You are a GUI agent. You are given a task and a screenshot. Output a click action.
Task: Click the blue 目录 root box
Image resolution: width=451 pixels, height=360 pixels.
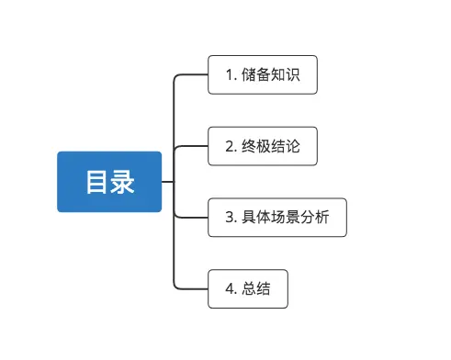109,182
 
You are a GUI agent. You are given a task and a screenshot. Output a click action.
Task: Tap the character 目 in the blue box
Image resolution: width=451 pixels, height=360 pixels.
97,182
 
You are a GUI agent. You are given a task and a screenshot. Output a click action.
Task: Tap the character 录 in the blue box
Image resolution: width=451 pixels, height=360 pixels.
122,182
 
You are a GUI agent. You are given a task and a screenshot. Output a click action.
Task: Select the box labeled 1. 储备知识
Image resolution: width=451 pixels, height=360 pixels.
263,74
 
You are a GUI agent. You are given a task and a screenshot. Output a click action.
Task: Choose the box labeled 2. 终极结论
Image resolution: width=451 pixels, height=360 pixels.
263,146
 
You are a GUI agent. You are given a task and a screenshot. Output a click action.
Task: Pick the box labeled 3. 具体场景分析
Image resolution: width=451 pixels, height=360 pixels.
277,218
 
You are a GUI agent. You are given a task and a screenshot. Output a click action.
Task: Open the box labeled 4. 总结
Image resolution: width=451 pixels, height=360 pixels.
248,289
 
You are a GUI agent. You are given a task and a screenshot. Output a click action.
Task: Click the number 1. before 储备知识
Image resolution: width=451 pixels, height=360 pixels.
230,74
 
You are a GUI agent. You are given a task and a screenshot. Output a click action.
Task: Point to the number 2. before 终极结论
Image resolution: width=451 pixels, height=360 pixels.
230,146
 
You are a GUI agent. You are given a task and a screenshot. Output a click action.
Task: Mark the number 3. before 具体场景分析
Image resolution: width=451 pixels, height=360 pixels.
230,218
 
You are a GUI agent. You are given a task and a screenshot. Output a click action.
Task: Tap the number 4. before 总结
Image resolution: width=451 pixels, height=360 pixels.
230,289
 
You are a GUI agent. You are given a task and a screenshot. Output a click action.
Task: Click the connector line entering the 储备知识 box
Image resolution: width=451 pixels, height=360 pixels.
193,74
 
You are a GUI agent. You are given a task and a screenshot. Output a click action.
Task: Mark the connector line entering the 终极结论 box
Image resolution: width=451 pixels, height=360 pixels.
193,146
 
